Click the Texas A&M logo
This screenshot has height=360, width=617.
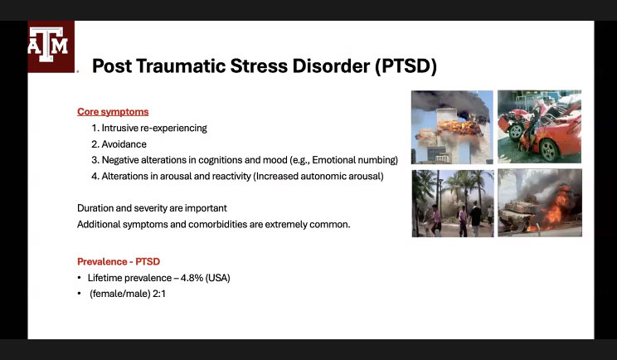click(51, 46)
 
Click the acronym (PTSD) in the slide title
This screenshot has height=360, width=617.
click(406, 66)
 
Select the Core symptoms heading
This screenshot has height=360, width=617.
click(113, 112)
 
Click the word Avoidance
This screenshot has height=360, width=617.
click(124, 144)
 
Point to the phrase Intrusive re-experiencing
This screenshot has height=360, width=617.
click(154, 128)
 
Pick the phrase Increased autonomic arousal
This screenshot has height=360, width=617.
click(318, 176)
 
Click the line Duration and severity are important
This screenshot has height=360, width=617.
click(152, 207)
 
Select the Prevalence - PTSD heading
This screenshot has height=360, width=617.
click(119, 261)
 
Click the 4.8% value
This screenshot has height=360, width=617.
click(192, 278)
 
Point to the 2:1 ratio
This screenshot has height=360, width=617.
click(159, 294)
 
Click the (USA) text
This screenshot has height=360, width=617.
click(217, 278)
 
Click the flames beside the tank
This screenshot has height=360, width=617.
click(555, 209)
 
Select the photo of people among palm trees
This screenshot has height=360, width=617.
click(453, 203)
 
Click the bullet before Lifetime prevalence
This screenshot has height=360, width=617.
click(80, 278)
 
